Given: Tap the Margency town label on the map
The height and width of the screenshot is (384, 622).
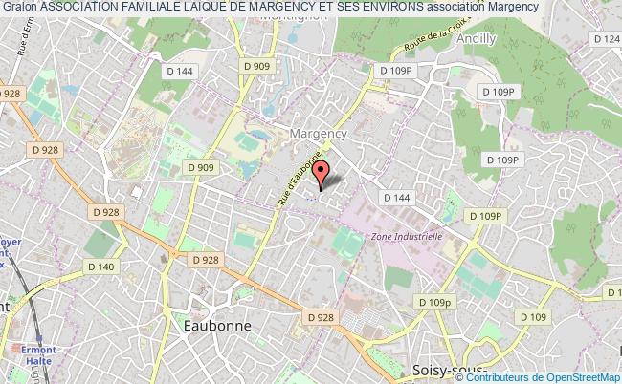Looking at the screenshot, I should point(319,134).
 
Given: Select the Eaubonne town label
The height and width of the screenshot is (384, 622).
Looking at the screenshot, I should point(216,325).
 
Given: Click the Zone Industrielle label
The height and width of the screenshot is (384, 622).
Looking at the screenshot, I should point(406,235).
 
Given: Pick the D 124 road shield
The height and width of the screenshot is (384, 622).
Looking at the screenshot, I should point(606,39).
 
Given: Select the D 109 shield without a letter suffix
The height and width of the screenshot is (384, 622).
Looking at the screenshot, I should point(533,317).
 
